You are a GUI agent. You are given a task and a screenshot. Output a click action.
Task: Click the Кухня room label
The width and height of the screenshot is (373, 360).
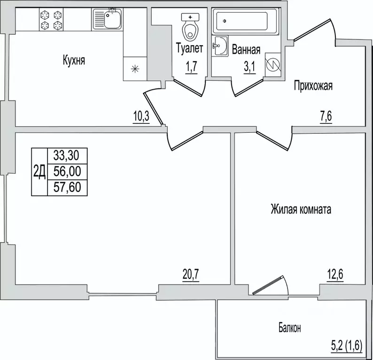click(x=74, y=60)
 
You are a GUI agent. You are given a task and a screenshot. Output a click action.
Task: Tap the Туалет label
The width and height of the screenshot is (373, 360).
click(x=190, y=48)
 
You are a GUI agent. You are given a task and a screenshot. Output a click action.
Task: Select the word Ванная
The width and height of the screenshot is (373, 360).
click(x=246, y=49)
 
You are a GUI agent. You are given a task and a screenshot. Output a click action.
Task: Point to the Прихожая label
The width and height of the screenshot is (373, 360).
click(x=313, y=85)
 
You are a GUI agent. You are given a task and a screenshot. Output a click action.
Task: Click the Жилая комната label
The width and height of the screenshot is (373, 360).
click(x=301, y=210)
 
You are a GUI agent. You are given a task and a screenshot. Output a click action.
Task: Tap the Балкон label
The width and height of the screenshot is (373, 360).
click(x=290, y=328)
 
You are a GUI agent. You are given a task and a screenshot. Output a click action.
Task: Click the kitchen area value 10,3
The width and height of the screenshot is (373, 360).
click(x=141, y=116)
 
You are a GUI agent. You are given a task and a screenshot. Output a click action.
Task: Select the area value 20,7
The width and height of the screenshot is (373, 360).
click(x=191, y=275)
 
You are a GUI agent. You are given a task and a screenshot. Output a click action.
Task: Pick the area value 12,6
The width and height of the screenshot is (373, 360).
click(x=335, y=275)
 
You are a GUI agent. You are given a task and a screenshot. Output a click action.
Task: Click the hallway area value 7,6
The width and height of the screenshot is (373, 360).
click(x=326, y=116)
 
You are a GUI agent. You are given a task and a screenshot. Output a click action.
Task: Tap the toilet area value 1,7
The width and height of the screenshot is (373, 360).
click(x=192, y=67)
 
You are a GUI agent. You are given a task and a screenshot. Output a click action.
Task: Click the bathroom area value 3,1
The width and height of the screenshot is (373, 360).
click(x=249, y=67)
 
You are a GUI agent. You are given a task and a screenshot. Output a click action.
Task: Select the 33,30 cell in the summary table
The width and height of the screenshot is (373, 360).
click(x=67, y=156)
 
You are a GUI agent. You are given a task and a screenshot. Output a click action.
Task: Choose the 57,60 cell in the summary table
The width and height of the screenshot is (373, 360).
click(x=67, y=187)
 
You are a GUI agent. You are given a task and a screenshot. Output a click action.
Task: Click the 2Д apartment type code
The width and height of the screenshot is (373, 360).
click(x=39, y=172)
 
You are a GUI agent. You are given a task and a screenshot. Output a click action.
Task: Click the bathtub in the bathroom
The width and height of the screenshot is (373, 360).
click(x=245, y=22)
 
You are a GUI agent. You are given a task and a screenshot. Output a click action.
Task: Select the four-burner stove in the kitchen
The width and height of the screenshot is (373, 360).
click(x=51, y=19)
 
